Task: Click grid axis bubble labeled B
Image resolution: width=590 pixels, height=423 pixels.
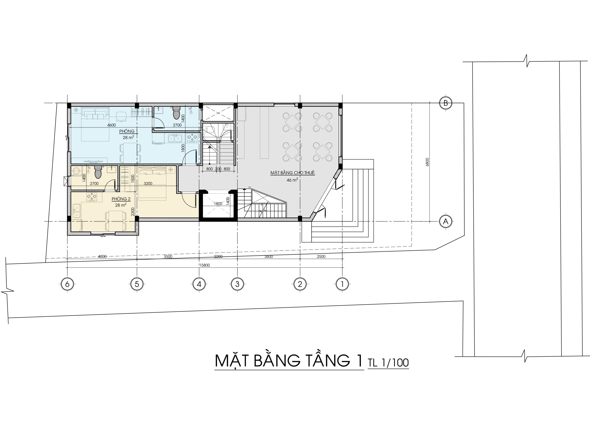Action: [446, 103]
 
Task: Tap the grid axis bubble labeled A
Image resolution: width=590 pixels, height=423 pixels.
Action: [446, 221]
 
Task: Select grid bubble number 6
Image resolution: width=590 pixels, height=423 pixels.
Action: [67, 284]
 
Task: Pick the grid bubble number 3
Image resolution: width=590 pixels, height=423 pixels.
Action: [237, 284]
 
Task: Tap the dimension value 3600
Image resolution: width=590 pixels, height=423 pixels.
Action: [269, 257]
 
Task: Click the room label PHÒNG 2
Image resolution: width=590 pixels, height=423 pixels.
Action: [121, 199]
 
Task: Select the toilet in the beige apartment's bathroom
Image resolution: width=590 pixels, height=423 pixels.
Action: [98, 172]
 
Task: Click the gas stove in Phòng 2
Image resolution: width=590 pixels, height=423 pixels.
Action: [92, 197]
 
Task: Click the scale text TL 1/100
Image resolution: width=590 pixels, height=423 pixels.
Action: [388, 363]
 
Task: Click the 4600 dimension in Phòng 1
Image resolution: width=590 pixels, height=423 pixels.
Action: [111, 125]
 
